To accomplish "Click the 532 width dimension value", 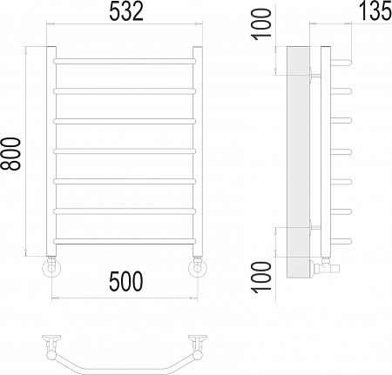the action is pos(126,12).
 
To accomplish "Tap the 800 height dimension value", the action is pos(10,154).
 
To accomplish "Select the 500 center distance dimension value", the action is pos(126,281).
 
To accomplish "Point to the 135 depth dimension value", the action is pos(375,11).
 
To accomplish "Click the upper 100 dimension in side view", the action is pos(261,24).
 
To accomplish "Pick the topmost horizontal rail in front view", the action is pos(125,62).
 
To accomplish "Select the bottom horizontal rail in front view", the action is pos(125,241).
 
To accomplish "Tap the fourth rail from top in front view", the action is pos(125,151).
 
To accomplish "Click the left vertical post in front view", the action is pos(51,151).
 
